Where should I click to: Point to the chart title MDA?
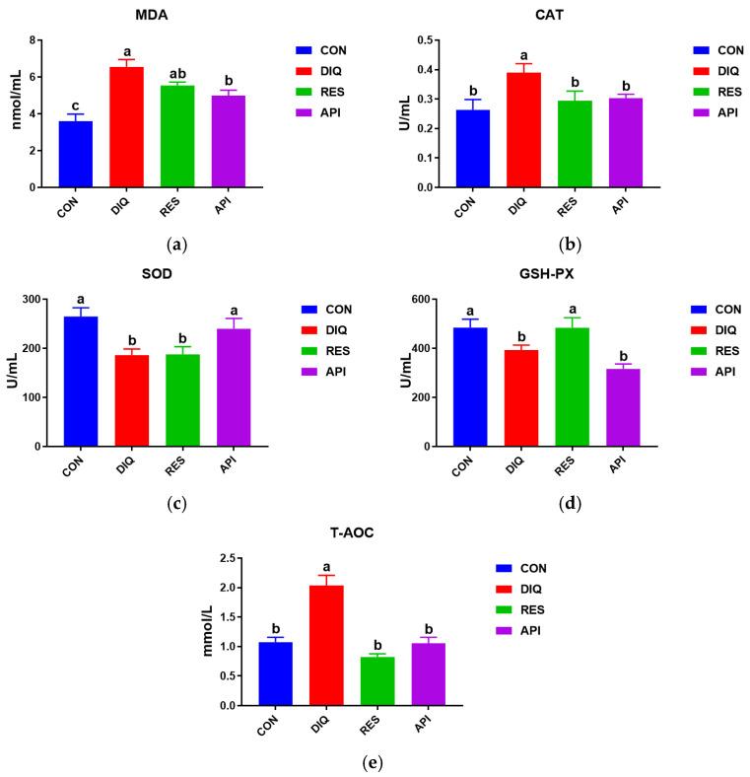151,17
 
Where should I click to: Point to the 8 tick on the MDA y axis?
35,40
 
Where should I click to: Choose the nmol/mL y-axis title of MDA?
13,113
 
